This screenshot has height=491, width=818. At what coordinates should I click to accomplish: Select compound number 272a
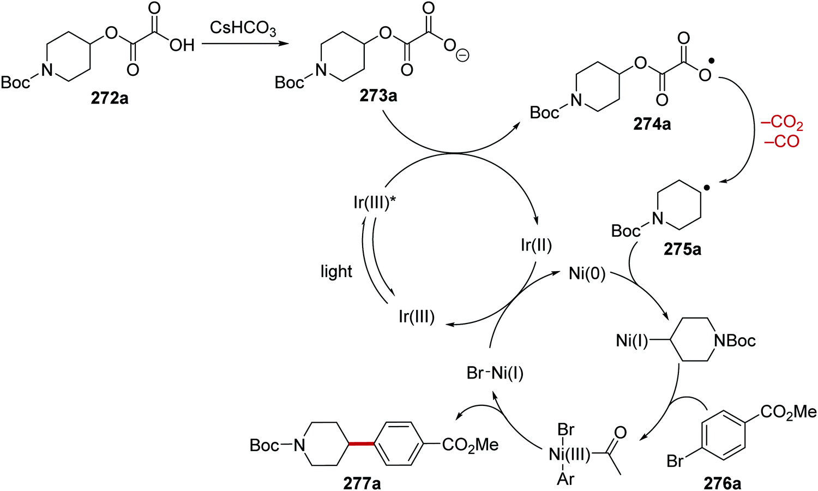pyautogui.click(x=110, y=98)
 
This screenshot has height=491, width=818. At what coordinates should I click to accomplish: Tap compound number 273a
pyautogui.click(x=378, y=96)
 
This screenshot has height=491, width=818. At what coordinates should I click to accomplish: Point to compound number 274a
pyautogui.click(x=652, y=124)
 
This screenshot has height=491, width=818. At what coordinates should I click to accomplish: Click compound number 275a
pyautogui.click(x=682, y=249)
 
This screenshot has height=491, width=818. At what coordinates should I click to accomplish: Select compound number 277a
pyautogui.click(x=362, y=483)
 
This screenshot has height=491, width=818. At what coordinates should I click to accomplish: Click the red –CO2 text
pyautogui.click(x=782, y=123)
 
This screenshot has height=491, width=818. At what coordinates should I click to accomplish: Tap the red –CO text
pyautogui.click(x=782, y=141)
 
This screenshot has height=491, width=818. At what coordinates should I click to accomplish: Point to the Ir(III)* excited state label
pyautogui.click(x=375, y=202)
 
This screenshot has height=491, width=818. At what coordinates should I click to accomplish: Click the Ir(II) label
pyautogui.click(x=536, y=245)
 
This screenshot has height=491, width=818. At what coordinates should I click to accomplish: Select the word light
pyautogui.click(x=336, y=271)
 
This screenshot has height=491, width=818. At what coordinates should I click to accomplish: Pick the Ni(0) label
pyautogui.click(x=587, y=273)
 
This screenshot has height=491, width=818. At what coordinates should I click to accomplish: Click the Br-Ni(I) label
pyautogui.click(x=495, y=373)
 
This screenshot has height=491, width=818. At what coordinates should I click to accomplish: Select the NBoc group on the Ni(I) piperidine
pyautogui.click(x=735, y=341)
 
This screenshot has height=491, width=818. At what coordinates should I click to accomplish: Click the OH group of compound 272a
pyautogui.click(x=182, y=45)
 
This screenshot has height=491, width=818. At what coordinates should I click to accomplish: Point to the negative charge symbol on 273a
pyautogui.click(x=462, y=56)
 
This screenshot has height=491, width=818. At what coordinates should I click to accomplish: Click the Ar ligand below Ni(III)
pyautogui.click(x=566, y=479)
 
